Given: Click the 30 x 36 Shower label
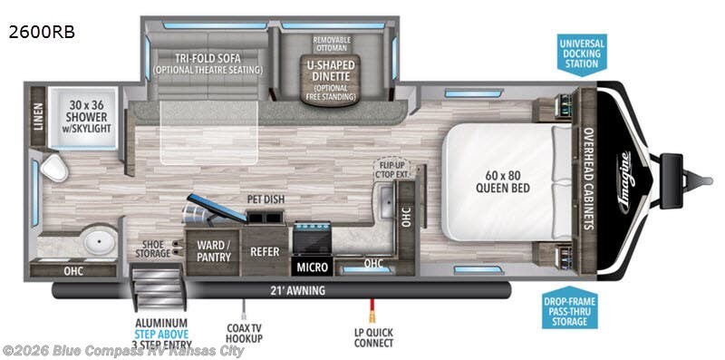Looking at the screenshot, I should pyautogui.click(x=87, y=117).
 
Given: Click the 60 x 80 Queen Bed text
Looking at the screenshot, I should pyautogui.click(x=503, y=181).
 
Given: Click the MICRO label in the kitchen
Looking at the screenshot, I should pyautogui.click(x=311, y=267).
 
